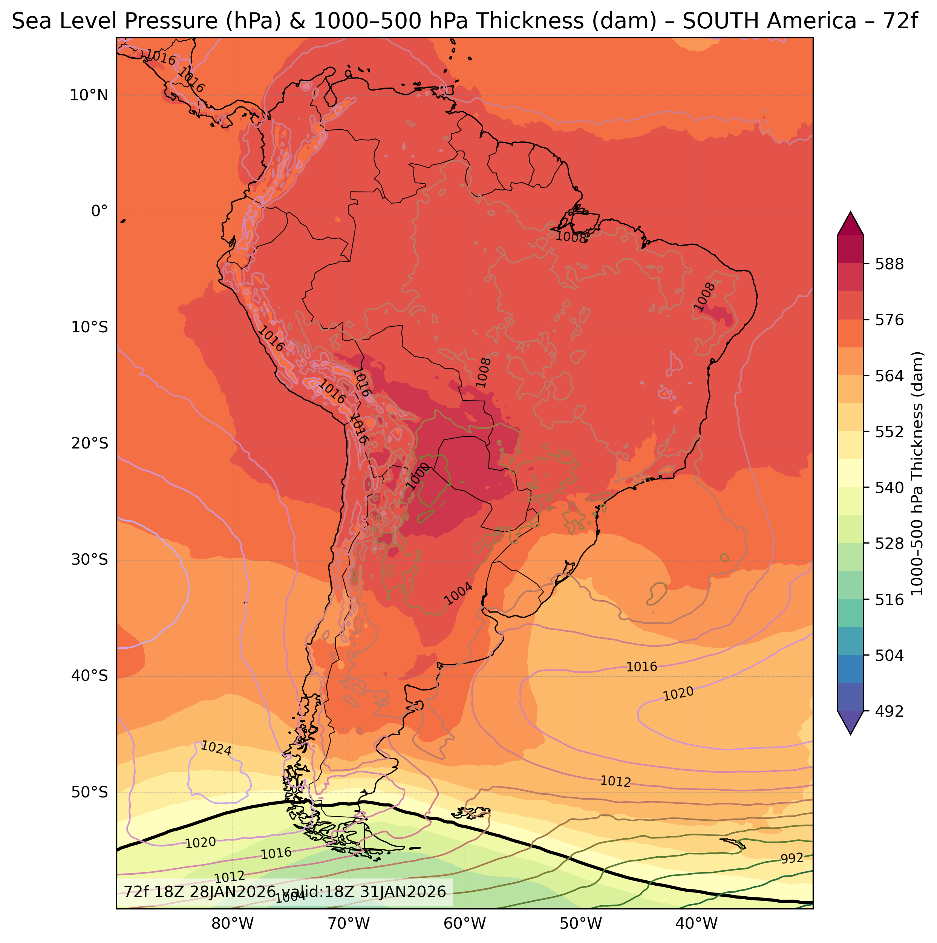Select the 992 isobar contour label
pyautogui.click(x=792, y=872)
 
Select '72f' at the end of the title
pyautogui.click(x=900, y=22)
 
